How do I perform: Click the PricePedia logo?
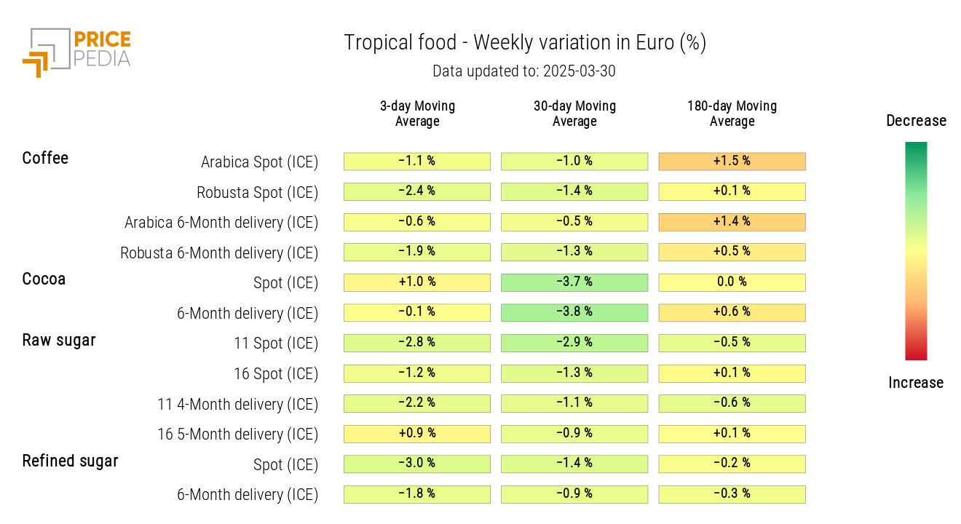coord(76,52)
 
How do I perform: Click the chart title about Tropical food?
coord(525,43)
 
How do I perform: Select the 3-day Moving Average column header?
coord(417,114)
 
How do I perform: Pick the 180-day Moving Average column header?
coord(732,114)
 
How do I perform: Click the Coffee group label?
coord(45,158)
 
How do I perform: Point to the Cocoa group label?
coord(44,279)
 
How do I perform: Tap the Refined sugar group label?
coord(70,461)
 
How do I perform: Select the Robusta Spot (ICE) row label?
coord(257,193)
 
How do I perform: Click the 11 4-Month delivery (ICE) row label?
coord(237,404)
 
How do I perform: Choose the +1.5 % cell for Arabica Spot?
coord(732,161)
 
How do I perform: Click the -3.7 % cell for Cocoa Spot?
coord(574,282)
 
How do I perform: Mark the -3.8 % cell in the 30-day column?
coord(574,312)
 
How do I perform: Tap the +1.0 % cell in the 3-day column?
coord(417,282)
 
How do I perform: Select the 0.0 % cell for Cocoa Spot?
coord(732,282)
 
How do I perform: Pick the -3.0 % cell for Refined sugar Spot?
coord(417,464)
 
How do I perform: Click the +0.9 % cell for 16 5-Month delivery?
coord(417,434)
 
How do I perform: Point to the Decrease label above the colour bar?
coord(916,121)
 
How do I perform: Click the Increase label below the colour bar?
coord(916,383)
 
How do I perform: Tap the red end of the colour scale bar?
coord(916,354)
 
